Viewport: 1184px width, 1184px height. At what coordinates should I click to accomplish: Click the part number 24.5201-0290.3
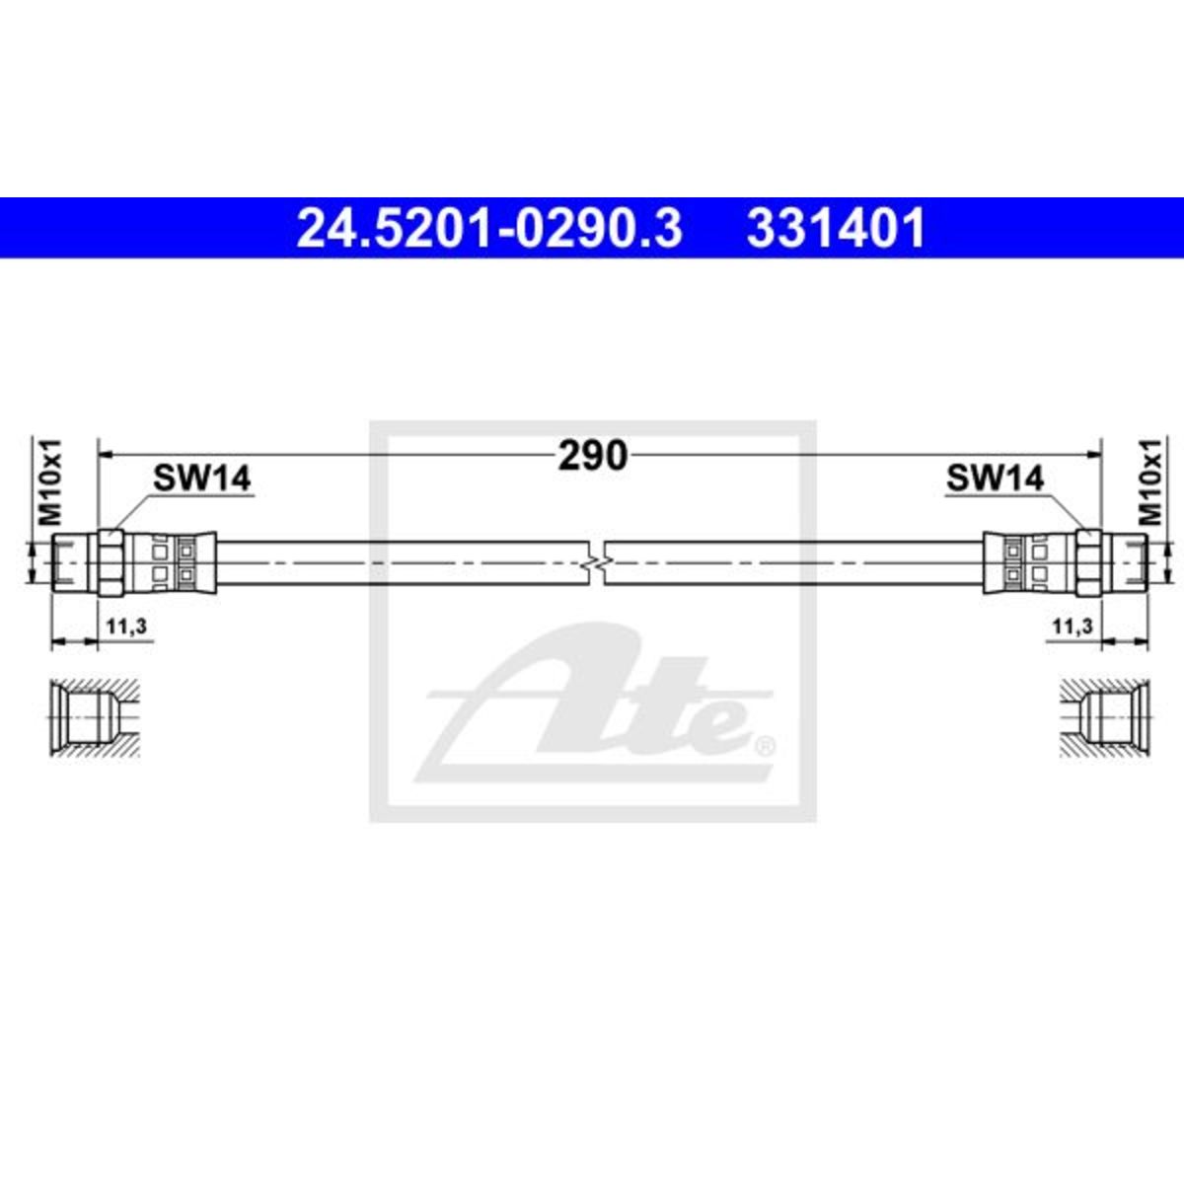(489, 228)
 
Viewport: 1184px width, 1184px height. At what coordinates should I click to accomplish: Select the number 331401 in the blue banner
(836, 228)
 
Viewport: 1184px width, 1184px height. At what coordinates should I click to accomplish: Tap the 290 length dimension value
(592, 456)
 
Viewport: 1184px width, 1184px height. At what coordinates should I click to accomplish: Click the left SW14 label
(202, 478)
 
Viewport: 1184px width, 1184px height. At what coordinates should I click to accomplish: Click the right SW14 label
(995, 478)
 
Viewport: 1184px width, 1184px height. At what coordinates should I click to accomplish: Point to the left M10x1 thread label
(50, 482)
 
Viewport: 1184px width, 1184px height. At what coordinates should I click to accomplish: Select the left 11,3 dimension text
(126, 627)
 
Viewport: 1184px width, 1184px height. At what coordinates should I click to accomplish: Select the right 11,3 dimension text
(1073, 627)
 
